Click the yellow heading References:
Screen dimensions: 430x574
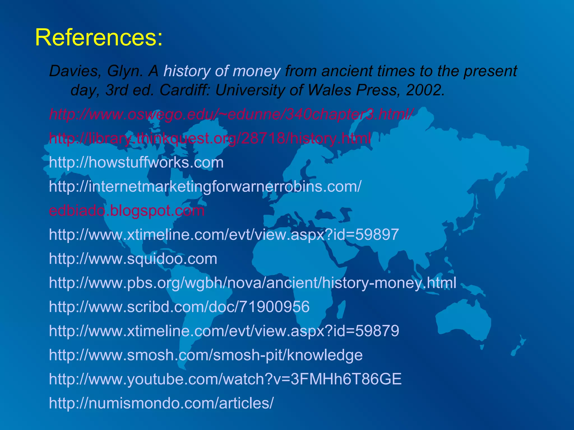click(x=99, y=38)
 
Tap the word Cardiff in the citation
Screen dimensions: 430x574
click(x=184, y=90)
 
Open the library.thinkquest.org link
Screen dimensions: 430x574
click(x=210, y=138)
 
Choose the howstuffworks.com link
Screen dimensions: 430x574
click(x=136, y=162)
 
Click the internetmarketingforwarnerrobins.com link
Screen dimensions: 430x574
click(x=205, y=186)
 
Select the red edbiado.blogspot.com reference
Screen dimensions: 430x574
click(x=127, y=211)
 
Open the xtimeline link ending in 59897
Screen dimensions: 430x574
click(x=224, y=235)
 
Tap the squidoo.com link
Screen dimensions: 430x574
click(x=133, y=259)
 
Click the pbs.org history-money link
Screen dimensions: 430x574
click(x=252, y=283)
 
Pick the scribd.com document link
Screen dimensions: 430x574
click(x=179, y=307)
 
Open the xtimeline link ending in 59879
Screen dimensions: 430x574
click(x=224, y=331)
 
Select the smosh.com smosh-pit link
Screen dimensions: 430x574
click(x=206, y=355)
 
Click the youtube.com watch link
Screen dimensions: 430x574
click(x=225, y=379)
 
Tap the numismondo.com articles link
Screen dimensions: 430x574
click(x=161, y=403)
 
